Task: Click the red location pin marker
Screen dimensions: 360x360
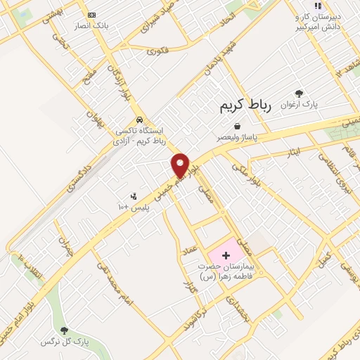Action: (x=181, y=165)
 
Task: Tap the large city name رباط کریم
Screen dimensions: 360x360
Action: (x=241, y=105)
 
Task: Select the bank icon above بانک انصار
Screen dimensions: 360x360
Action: (x=91, y=15)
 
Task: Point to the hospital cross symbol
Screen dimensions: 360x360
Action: (x=226, y=254)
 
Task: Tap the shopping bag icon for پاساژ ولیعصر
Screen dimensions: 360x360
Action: (x=246, y=126)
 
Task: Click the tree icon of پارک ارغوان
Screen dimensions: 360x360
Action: (x=300, y=93)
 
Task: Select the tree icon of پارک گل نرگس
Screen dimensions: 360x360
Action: (x=64, y=330)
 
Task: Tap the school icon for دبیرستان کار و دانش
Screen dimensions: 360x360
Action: (x=317, y=5)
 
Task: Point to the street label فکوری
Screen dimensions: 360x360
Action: (x=160, y=50)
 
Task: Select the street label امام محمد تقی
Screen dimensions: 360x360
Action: (x=110, y=284)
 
